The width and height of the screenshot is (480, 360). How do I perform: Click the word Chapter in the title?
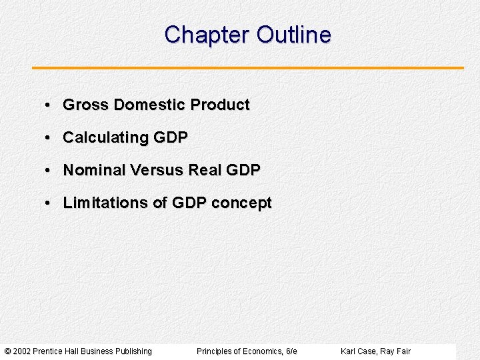(x=199, y=35)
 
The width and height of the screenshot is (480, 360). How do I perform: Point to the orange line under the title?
(x=247, y=67)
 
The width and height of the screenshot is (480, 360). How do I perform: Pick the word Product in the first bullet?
(x=219, y=105)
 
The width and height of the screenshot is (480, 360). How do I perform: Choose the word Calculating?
(x=105, y=137)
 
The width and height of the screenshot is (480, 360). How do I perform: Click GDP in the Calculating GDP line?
(x=171, y=137)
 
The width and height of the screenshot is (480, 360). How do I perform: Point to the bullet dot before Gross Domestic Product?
(x=49, y=105)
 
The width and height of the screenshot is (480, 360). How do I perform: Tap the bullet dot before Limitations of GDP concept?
(x=49, y=203)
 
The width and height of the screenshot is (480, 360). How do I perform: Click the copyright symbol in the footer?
(x=7, y=351)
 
